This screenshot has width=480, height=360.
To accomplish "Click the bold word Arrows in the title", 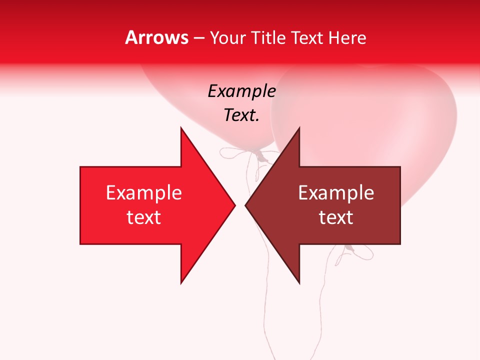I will click(x=156, y=38).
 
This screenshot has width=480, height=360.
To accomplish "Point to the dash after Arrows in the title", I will click(x=198, y=38).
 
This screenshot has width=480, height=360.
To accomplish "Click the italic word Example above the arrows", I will click(x=241, y=91).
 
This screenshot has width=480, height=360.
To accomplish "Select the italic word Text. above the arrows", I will click(x=241, y=115).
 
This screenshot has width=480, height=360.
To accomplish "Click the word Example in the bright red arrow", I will click(x=144, y=193).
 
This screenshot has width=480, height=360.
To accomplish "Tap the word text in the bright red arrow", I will click(x=144, y=217).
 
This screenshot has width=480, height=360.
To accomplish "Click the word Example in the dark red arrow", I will click(x=336, y=193).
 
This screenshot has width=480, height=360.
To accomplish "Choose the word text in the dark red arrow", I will click(x=336, y=217).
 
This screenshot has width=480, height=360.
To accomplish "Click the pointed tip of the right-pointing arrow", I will click(x=234, y=205).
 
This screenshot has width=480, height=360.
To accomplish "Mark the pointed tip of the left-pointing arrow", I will click(x=245, y=205).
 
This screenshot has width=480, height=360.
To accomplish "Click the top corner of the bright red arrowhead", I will click(x=181, y=128).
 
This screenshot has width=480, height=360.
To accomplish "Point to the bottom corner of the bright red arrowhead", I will click(x=181, y=283).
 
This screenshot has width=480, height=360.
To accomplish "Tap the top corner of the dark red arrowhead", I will click(x=299, y=128).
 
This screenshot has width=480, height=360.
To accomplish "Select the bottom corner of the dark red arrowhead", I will click(x=299, y=283).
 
